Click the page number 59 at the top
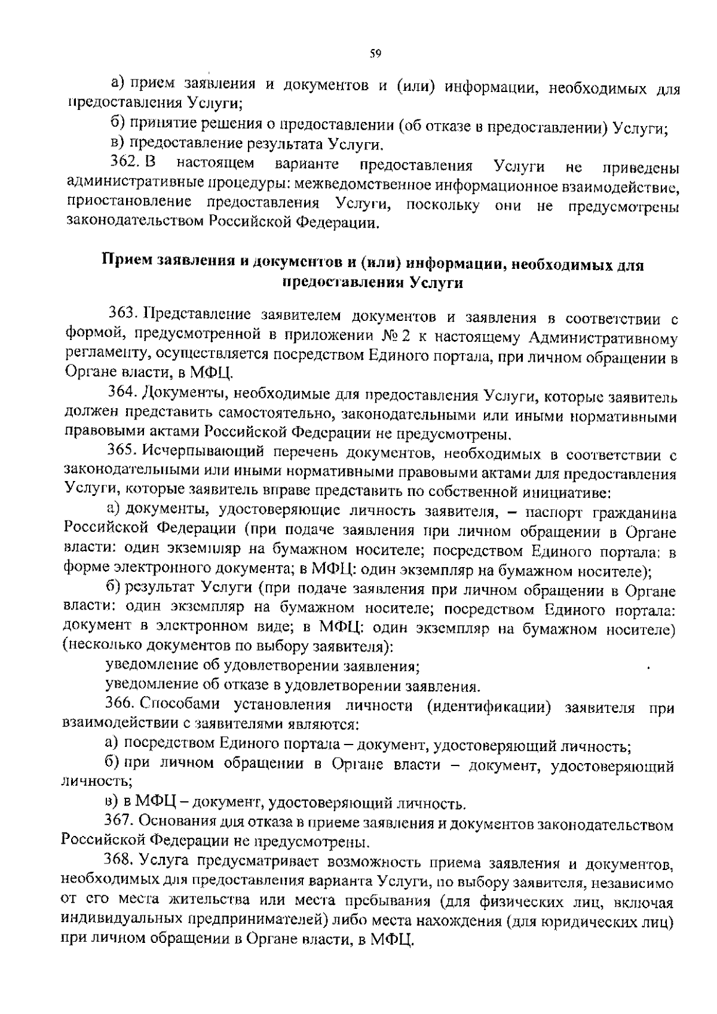[x=375, y=54]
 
